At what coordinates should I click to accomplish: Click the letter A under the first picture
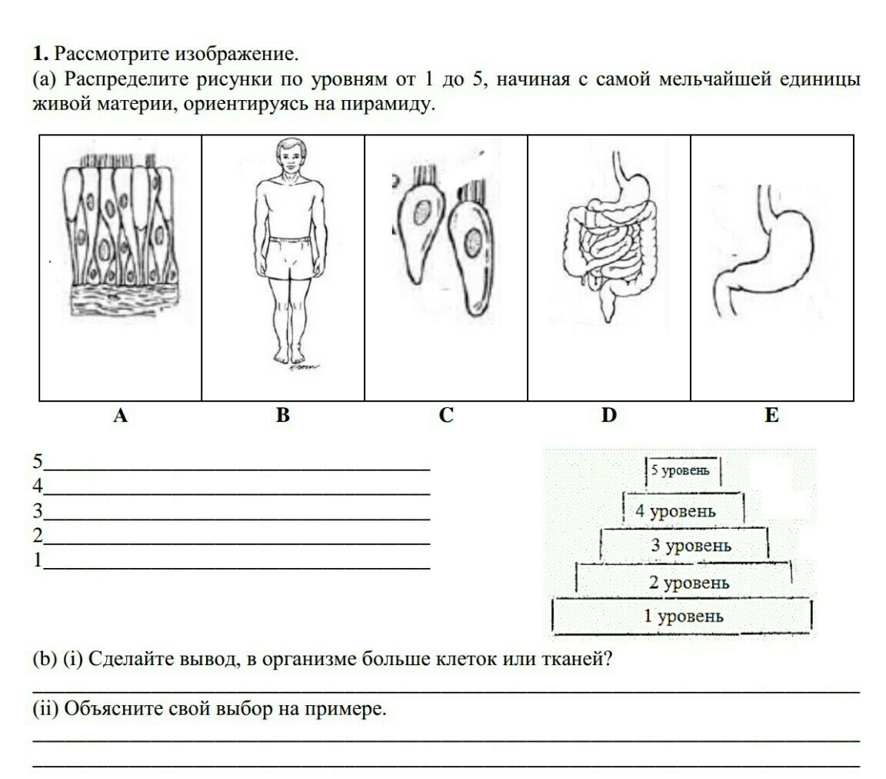120,416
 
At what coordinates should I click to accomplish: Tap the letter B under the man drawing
283,416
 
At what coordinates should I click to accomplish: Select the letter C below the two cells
446,416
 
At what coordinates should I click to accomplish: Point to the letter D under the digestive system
609,416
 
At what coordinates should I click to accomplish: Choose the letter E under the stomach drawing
771,416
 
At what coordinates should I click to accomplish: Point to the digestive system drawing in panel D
608,239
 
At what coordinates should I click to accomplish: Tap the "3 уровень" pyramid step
683,547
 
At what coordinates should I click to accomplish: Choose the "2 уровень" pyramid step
683,583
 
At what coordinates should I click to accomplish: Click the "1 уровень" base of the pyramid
683,616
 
